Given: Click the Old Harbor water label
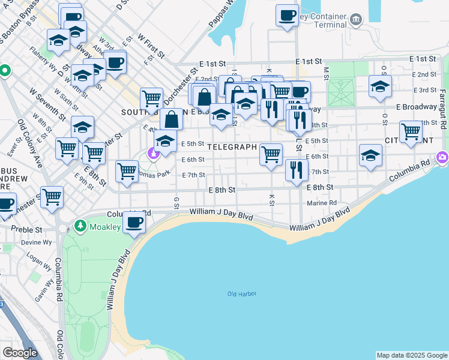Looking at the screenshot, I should [242, 293].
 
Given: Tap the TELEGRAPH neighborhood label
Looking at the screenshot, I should [232, 146].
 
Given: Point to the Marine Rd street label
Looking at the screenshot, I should [322, 203].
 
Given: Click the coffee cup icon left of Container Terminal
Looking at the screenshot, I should [287, 14].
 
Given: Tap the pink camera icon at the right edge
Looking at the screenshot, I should [443, 157].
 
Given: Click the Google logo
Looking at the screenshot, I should [20, 353].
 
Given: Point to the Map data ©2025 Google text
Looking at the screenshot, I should [411, 355].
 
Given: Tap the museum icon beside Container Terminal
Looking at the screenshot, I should [356, 18].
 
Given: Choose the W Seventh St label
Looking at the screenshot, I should [46, 101].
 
